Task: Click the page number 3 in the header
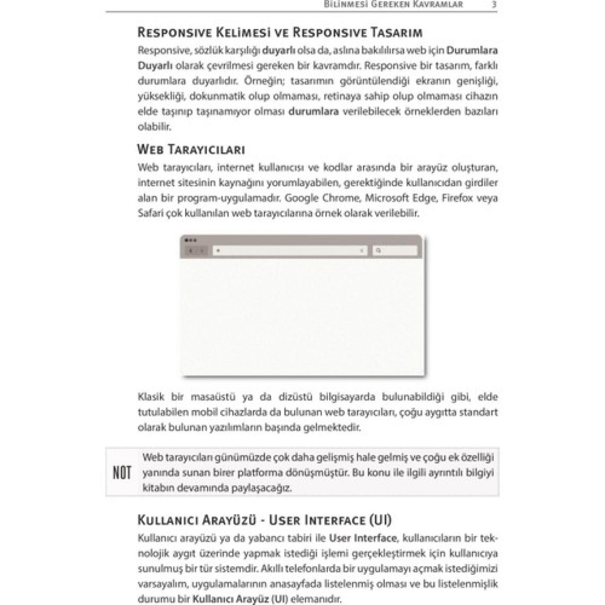(x=494, y=4)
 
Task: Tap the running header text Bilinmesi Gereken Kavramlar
(x=393, y=4)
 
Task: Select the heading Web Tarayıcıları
(x=191, y=149)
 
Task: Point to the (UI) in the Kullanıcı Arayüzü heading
(x=380, y=520)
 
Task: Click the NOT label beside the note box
(x=122, y=473)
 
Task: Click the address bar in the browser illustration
(x=290, y=250)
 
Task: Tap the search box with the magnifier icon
(x=395, y=250)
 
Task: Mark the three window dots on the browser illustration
(x=191, y=240)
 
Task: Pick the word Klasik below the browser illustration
(x=151, y=397)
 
